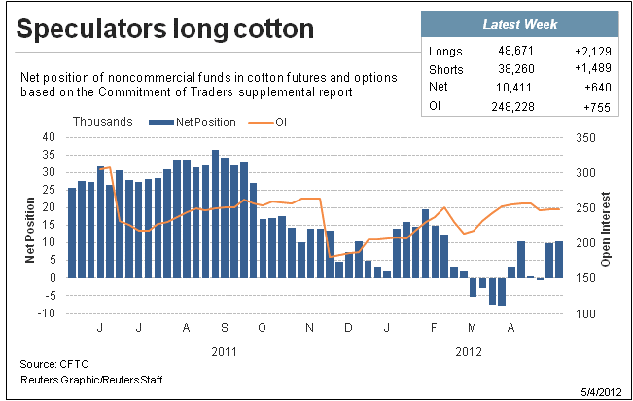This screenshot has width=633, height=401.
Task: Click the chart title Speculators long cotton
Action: tap(164, 29)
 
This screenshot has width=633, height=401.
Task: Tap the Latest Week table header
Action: tap(520, 24)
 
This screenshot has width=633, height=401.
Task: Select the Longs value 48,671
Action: tap(515, 51)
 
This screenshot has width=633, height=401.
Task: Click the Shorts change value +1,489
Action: tap(592, 68)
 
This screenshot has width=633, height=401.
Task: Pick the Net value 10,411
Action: tap(513, 88)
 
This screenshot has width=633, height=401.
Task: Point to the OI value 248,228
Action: tap(512, 107)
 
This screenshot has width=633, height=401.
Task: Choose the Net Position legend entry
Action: tap(193, 122)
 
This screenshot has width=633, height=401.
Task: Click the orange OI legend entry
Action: tap(267, 122)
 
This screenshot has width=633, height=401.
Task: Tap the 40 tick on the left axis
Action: tap(49, 137)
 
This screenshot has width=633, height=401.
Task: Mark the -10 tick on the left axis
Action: tap(46, 313)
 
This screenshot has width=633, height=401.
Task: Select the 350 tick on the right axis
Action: tap(585, 138)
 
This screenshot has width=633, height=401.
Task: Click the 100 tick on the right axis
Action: tap(585, 314)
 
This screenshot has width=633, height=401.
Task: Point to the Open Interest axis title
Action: tap(605, 229)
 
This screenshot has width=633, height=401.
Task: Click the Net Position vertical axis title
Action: tap(30, 230)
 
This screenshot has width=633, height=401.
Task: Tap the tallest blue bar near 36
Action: tap(215, 214)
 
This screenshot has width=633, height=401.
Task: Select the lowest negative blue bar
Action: tap(502, 292)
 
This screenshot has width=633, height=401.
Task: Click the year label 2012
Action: tap(469, 352)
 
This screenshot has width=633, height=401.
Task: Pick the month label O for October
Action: tap(262, 327)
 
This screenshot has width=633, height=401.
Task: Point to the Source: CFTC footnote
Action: tap(53, 364)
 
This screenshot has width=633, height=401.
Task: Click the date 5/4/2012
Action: tap(601, 392)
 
